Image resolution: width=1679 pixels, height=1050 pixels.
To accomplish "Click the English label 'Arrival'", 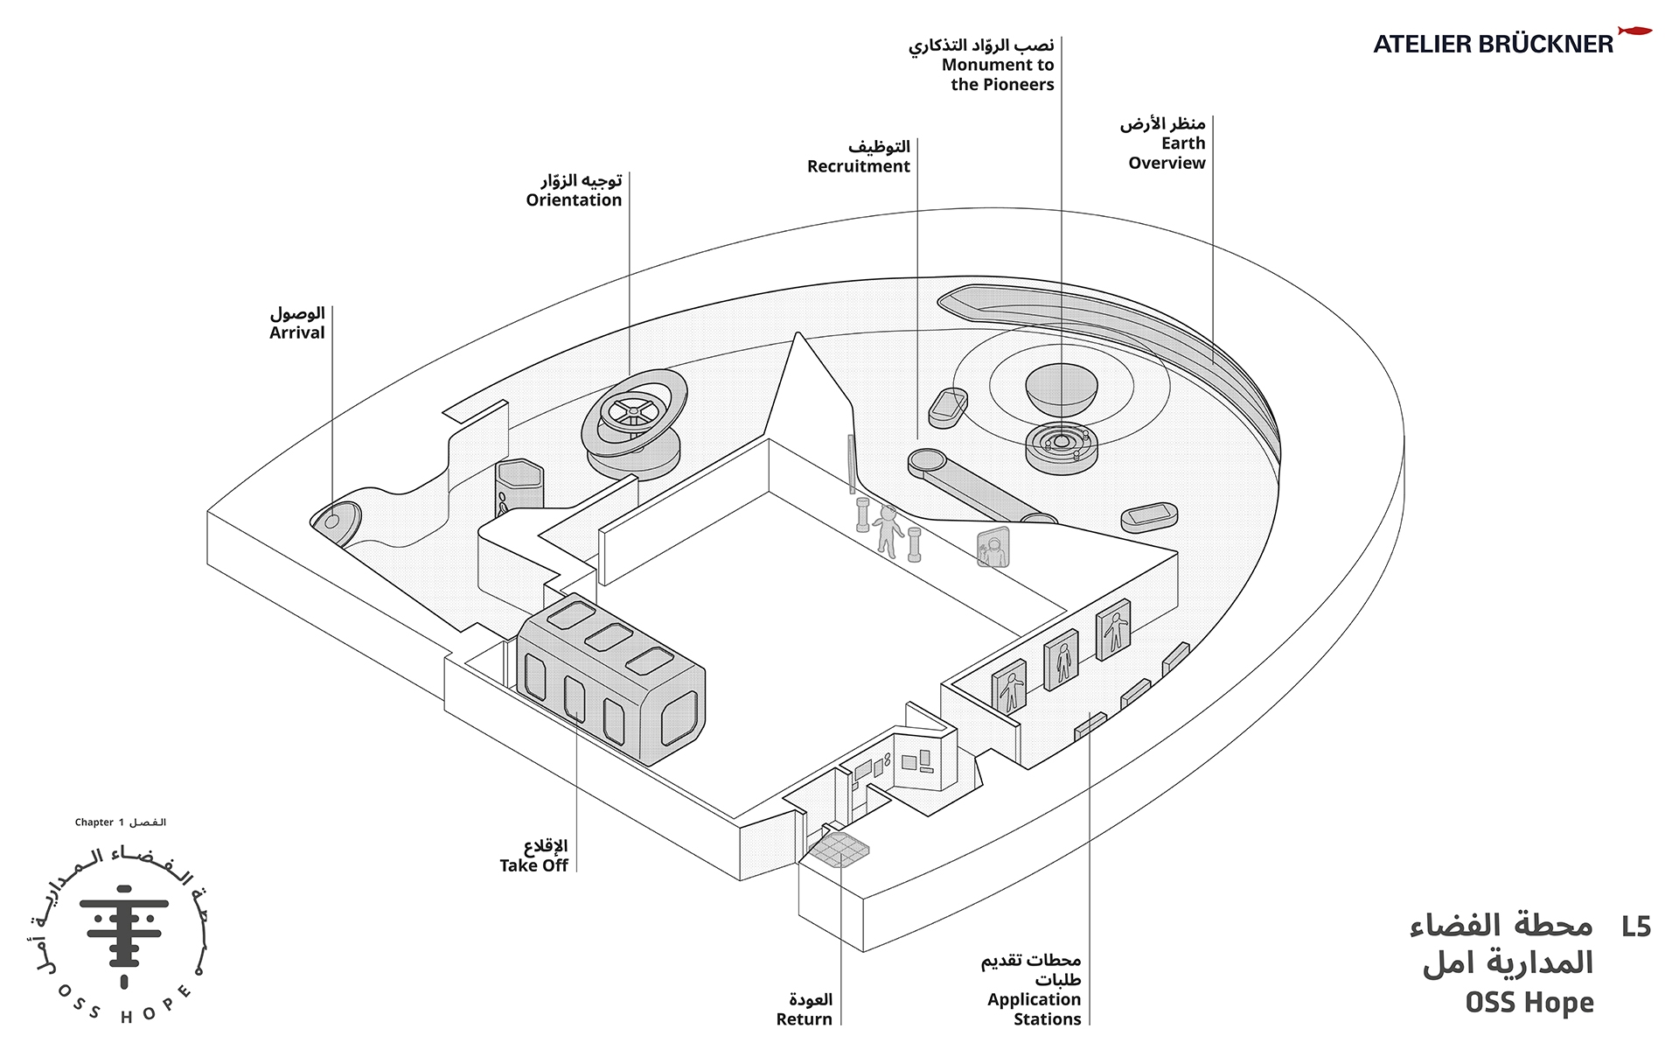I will pyautogui.click(x=296, y=333).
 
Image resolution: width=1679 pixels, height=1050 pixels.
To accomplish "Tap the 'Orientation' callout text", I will pyautogui.click(x=574, y=200).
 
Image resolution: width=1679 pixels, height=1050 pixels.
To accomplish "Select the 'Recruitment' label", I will pyautogui.click(x=858, y=167).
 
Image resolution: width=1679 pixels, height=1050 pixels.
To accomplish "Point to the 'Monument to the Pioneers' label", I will pyautogui.click(x=998, y=75).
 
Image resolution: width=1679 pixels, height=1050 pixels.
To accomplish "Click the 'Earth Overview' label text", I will pyautogui.click(x=1167, y=153).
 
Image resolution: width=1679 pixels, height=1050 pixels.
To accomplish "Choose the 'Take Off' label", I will pyautogui.click(x=533, y=866).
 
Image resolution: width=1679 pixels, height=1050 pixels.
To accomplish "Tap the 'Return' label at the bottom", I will pyautogui.click(x=804, y=1019).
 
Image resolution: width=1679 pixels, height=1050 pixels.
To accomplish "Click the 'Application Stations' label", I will pyautogui.click(x=1034, y=1010).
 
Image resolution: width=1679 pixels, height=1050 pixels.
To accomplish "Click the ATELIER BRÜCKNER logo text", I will pyautogui.click(x=1493, y=45).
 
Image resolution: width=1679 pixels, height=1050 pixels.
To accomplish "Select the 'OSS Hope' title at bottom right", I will pyautogui.click(x=1529, y=1003).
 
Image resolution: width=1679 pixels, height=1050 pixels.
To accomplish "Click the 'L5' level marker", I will pyautogui.click(x=1635, y=927).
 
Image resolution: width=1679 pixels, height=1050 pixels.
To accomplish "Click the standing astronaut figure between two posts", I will pyautogui.click(x=888, y=530).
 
